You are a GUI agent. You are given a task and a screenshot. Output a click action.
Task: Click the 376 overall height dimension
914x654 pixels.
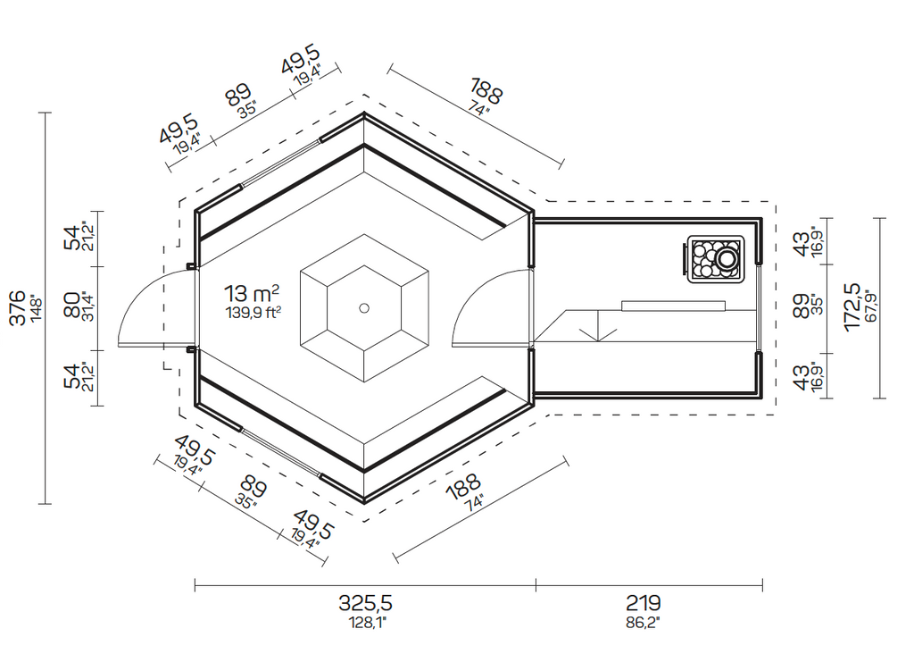[x=18, y=308]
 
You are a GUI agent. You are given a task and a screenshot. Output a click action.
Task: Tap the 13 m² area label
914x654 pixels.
[x=251, y=293]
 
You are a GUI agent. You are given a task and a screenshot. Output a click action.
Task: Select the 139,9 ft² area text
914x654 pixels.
[x=253, y=314]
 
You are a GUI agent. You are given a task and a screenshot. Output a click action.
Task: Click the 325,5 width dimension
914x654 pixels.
[x=365, y=602]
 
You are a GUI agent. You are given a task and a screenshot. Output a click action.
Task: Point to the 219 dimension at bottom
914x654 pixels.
[x=643, y=602]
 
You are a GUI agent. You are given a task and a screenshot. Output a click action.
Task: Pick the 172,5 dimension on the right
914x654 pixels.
[x=852, y=307]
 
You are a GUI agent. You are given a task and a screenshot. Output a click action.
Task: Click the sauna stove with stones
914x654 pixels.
[x=715, y=260]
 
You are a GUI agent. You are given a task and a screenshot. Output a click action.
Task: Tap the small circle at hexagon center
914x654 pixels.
[x=364, y=308]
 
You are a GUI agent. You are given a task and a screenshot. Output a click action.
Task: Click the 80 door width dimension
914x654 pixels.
[x=73, y=306]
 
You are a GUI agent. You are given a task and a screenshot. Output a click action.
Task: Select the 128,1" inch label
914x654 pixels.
[x=367, y=623]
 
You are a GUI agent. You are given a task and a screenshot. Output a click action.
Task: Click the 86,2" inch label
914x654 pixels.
[x=643, y=623]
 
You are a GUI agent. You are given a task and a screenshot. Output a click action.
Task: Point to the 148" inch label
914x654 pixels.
[x=36, y=309]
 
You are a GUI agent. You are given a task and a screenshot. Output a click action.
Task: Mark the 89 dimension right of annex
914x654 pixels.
[x=802, y=306]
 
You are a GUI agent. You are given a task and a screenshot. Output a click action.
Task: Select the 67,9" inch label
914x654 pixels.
[x=871, y=306]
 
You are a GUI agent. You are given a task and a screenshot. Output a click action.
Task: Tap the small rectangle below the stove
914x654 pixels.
[x=673, y=306]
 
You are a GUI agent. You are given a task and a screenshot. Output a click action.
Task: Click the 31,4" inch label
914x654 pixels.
[x=90, y=306]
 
